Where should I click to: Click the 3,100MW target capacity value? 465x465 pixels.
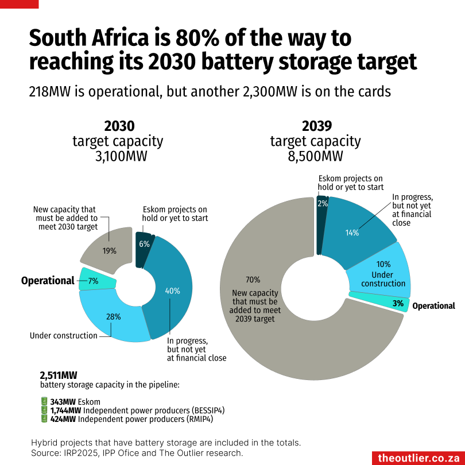pos(121,156)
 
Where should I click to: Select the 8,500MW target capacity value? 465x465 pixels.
pos(316,156)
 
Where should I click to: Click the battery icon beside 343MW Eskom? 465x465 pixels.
pos(44,401)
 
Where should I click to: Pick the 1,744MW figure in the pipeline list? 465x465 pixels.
pos(65,410)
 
